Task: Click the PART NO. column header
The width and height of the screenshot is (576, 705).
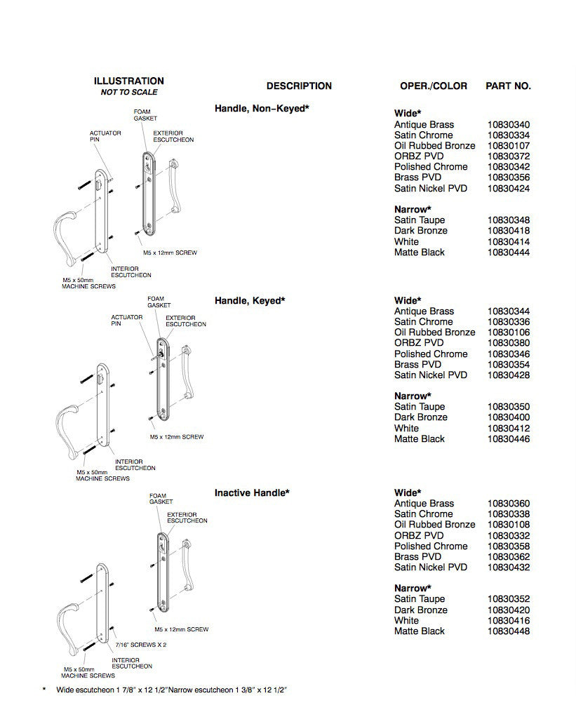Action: (x=508, y=86)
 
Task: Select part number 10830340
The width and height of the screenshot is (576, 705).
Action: (x=508, y=124)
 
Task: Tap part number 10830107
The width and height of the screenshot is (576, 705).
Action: (x=508, y=146)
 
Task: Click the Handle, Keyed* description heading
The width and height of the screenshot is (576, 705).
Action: (x=250, y=300)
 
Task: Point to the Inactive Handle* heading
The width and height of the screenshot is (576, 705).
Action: (x=252, y=493)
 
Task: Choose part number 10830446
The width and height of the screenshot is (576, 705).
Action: (x=508, y=439)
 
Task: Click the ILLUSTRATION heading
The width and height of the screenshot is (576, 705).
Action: (x=128, y=81)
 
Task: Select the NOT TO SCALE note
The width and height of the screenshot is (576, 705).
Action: (x=128, y=93)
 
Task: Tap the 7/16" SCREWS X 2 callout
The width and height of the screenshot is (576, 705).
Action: (x=140, y=644)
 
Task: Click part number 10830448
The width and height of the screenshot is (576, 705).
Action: (x=508, y=631)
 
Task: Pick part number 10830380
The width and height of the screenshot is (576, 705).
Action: (x=508, y=343)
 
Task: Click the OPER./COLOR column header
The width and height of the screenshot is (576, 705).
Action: (x=433, y=86)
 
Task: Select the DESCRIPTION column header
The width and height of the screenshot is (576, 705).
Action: (x=299, y=86)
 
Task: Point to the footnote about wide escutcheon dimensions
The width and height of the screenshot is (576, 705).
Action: (x=172, y=690)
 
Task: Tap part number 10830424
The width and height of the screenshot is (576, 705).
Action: (x=508, y=188)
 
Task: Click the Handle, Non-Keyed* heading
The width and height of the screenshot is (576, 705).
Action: (x=262, y=108)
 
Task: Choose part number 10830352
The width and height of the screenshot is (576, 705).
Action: (x=508, y=599)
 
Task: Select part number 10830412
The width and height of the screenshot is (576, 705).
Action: (x=508, y=429)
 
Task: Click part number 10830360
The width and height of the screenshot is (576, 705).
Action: (x=508, y=504)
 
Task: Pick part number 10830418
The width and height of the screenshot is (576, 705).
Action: (x=508, y=231)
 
